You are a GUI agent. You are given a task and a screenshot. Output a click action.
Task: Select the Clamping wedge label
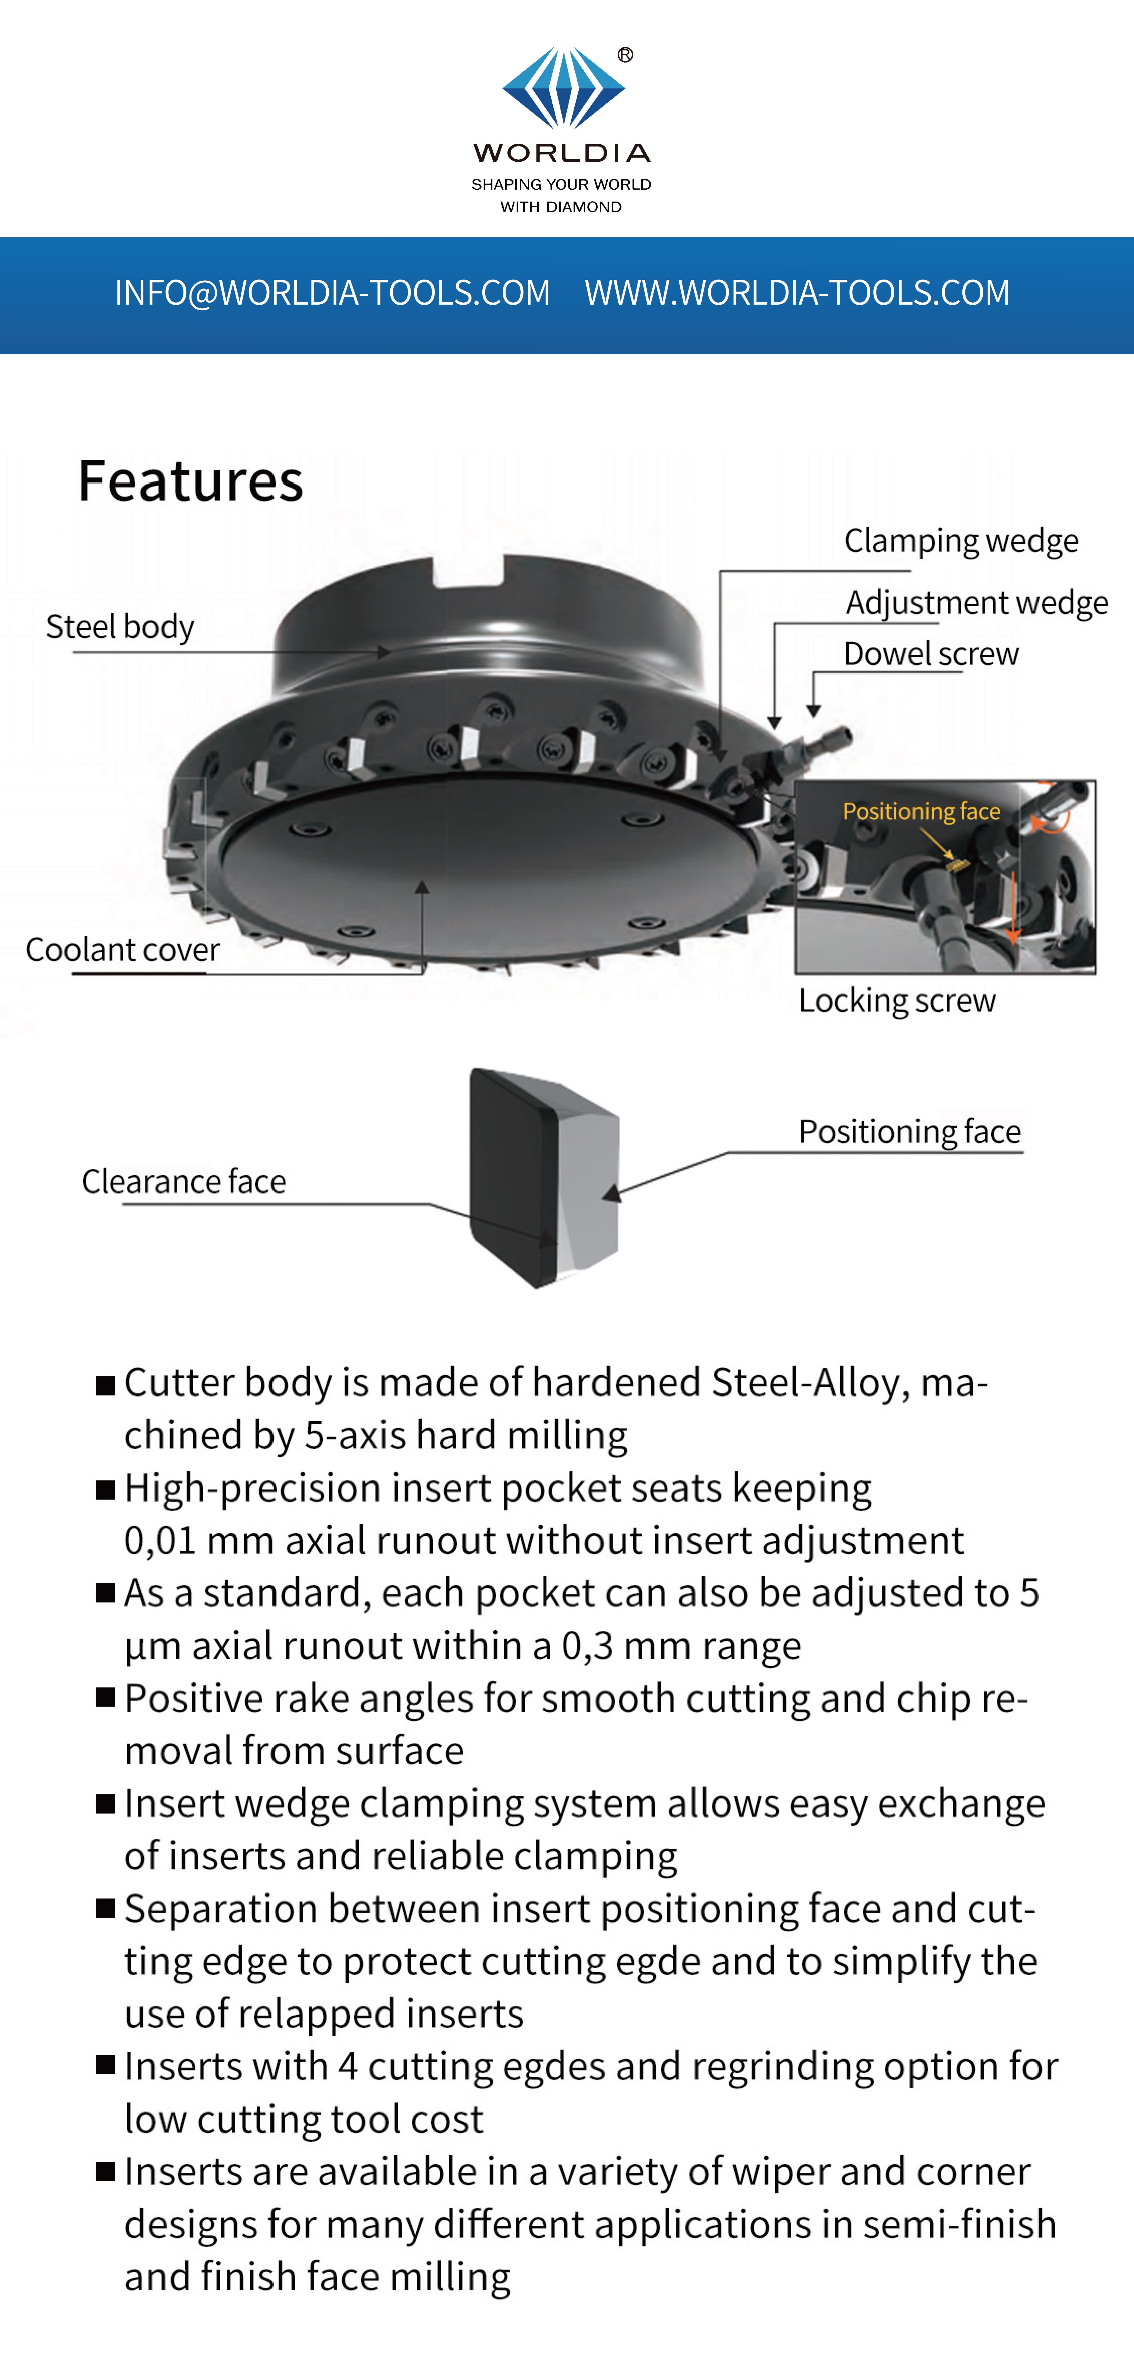960,541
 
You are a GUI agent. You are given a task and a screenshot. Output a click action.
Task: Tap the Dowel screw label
930,654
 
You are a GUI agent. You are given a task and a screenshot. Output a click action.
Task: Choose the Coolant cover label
122,950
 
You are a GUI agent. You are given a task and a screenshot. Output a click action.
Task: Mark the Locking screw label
896,1000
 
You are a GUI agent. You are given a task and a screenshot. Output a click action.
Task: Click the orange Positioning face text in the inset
921,811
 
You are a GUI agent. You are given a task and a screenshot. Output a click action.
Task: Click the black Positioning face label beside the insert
909,1132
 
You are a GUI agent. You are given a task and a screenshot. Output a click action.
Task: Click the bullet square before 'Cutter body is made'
106,1385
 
